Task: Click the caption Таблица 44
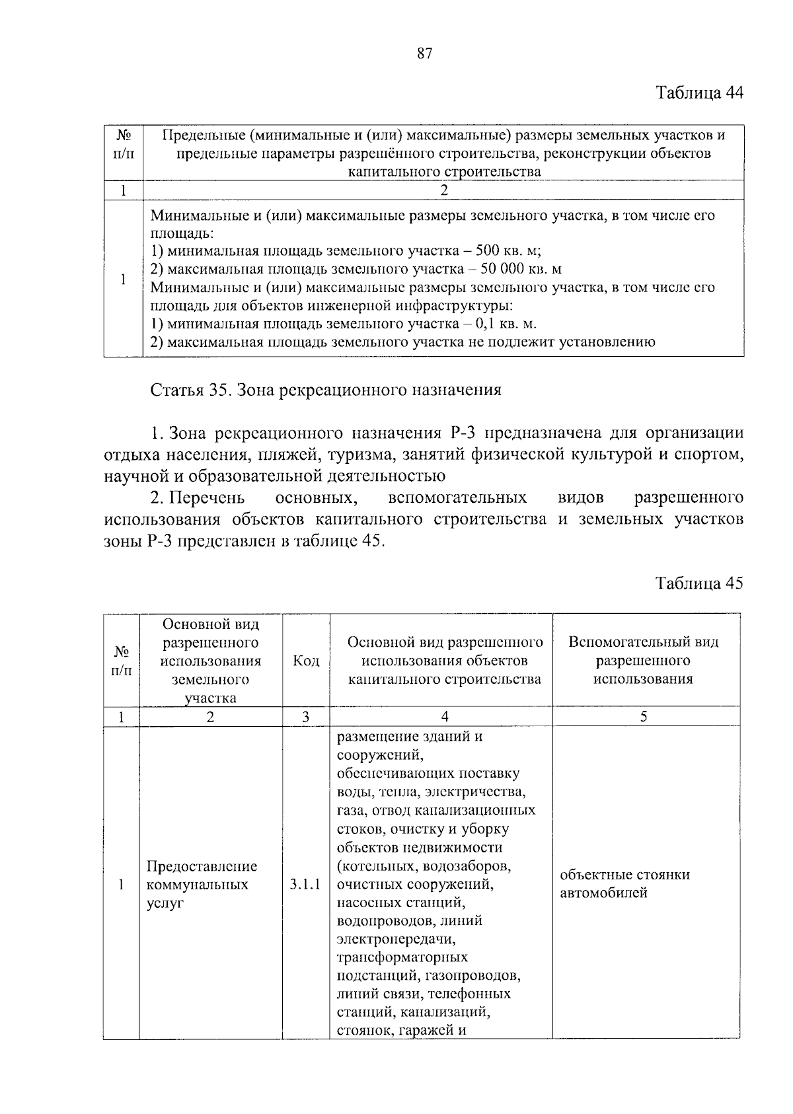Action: pos(699,93)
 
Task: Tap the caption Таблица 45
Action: pos(699,583)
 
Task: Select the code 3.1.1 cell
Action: pos(305,884)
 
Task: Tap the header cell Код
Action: pos(306,661)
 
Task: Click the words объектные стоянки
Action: pos(624,875)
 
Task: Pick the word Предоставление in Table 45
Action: pos(202,866)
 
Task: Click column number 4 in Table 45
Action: pos(445,717)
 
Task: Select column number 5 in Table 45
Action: pos(644,717)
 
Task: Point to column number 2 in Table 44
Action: pos(443,190)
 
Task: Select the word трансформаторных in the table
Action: pos(402,957)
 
